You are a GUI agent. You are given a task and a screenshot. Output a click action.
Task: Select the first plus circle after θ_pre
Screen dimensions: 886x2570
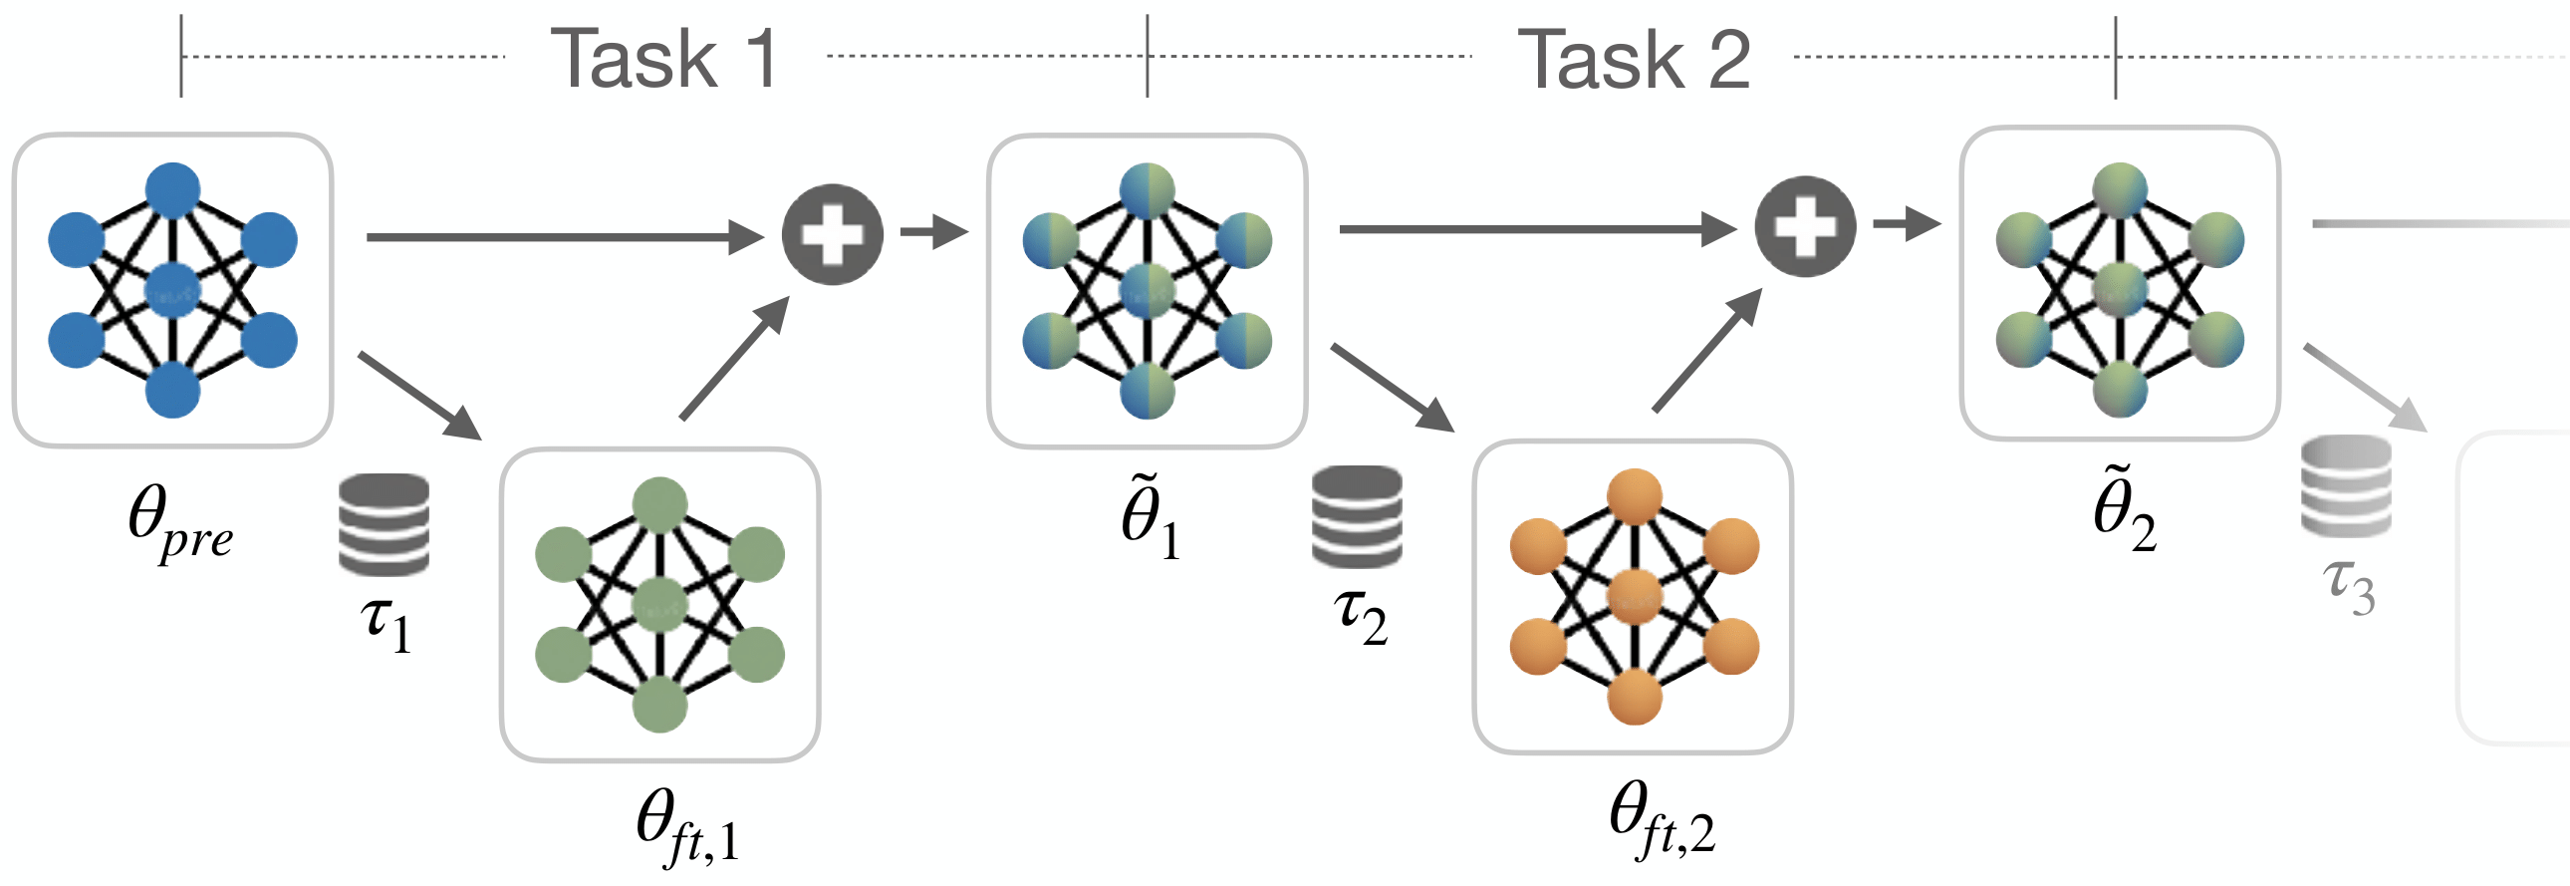click(832, 233)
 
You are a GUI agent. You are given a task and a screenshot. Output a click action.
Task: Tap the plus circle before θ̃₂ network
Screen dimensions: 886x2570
click(1805, 226)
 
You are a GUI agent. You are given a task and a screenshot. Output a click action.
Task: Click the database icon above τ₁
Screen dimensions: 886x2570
click(385, 524)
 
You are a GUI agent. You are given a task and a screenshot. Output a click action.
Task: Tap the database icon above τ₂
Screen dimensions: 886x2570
click(1357, 516)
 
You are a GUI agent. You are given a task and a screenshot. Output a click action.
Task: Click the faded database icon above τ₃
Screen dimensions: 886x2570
click(2346, 486)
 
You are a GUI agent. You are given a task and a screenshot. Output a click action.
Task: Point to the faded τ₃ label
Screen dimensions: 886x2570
click(2349, 586)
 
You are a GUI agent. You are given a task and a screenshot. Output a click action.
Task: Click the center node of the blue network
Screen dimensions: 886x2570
click(172, 290)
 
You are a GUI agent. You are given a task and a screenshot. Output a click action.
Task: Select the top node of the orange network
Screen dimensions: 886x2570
click(1635, 496)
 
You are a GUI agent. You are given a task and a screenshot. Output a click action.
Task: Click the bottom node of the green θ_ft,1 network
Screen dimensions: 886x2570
click(660, 705)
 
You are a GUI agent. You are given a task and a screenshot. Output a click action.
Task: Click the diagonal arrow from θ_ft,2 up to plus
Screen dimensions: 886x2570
click(1706, 350)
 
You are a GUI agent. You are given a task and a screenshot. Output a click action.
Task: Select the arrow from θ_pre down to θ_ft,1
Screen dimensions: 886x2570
click(419, 395)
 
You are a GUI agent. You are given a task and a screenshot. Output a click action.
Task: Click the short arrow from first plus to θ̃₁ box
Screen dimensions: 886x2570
click(933, 231)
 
